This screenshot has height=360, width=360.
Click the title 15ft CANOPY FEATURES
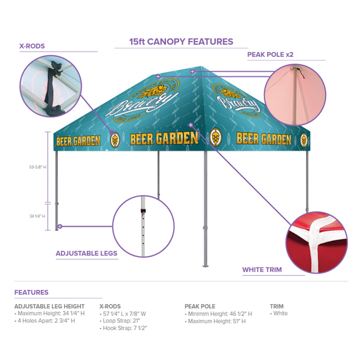point(181,42)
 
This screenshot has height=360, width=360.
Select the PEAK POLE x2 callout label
point(270,55)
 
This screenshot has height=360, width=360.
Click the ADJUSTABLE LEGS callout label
point(86,253)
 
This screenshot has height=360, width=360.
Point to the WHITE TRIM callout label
point(262,270)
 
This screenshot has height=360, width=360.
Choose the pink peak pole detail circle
point(294,95)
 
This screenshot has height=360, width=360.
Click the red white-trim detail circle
point(316,242)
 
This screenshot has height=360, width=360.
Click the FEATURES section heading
point(31,292)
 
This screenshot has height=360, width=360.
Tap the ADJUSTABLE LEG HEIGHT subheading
point(50,307)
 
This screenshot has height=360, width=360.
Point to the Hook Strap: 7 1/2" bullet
point(124,328)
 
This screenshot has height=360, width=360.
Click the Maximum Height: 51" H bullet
point(215,321)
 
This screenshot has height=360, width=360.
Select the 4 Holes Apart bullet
point(45,321)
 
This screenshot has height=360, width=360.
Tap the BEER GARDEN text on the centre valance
point(164,139)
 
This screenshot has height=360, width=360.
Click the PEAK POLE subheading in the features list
point(200,307)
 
